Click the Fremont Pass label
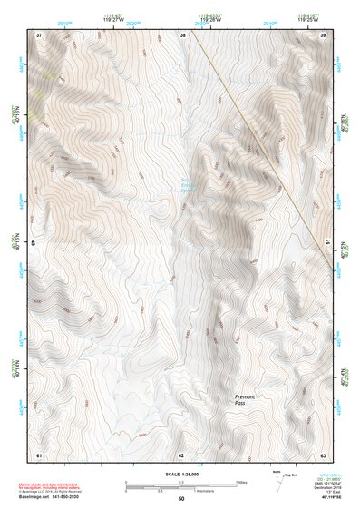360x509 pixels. click(x=245, y=400)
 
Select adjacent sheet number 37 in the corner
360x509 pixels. click(x=39, y=34)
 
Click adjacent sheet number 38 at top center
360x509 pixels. click(x=182, y=34)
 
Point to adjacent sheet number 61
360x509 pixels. click(x=39, y=454)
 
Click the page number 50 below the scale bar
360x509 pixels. click(x=180, y=499)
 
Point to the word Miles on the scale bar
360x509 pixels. click(x=241, y=482)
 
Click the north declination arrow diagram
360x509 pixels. click(x=279, y=482)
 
